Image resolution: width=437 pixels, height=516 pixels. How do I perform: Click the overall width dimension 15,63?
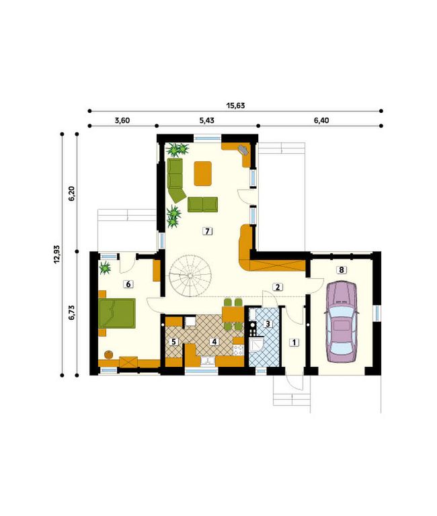point(235,105)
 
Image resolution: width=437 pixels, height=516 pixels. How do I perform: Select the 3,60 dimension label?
point(122,120)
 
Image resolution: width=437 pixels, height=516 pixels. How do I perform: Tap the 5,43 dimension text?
point(206,120)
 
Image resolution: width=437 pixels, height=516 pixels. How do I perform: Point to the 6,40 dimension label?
point(321,120)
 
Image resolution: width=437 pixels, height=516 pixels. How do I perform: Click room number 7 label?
point(207,231)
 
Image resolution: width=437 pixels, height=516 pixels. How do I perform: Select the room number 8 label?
point(341,270)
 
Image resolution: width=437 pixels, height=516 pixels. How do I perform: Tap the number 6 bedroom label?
point(128,284)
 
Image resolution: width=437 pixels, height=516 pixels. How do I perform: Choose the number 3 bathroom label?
point(268,324)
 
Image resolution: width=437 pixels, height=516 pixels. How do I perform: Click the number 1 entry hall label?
point(294,342)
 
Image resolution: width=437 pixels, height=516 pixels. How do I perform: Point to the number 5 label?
point(173,341)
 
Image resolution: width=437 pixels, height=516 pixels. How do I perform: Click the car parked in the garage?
point(342,322)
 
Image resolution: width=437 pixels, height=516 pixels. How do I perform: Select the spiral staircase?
point(190,275)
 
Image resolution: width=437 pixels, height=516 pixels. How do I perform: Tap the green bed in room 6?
point(117,313)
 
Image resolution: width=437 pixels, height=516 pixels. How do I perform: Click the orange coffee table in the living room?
point(202,173)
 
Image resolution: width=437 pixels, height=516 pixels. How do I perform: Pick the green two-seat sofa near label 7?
point(202,204)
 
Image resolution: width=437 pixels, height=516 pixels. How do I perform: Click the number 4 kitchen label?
point(214,341)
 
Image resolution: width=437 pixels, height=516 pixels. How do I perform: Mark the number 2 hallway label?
point(278,287)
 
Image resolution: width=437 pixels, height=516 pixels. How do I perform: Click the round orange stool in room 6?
point(108,355)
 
